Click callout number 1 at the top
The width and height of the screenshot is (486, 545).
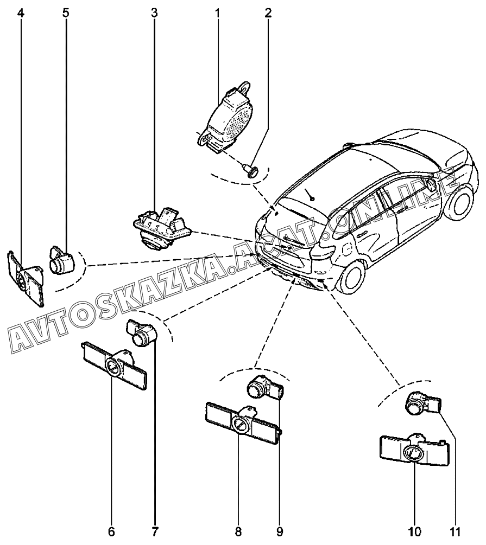pyautogui.click(x=217, y=12)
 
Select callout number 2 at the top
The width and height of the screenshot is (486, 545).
pyautogui.click(x=268, y=12)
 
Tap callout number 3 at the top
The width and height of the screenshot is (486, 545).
pyautogui.click(x=154, y=12)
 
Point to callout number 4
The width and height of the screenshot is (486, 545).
pyautogui.click(x=21, y=12)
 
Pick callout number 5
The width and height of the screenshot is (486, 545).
pyautogui.click(x=66, y=12)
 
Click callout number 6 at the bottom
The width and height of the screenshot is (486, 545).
pyautogui.click(x=112, y=531)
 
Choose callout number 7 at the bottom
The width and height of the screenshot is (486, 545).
pyautogui.click(x=155, y=531)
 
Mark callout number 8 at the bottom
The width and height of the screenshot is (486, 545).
pyautogui.click(x=238, y=531)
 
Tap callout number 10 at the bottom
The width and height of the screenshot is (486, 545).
pyautogui.click(x=415, y=531)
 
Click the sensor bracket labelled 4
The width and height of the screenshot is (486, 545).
pyautogui.click(x=26, y=278)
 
